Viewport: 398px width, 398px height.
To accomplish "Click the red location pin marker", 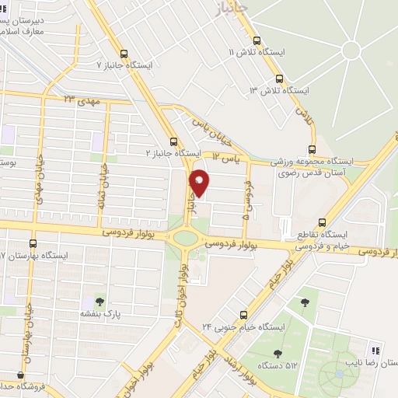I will [x=200, y=182].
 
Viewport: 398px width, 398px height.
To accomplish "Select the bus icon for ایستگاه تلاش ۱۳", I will [x=280, y=79].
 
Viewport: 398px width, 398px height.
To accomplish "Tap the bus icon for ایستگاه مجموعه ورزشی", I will [x=312, y=149].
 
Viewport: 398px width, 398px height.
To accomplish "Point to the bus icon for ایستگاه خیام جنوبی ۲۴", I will [x=244, y=315].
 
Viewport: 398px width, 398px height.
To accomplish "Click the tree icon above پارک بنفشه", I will [x=99, y=301].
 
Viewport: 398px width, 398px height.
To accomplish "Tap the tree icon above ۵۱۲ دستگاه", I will [x=278, y=330].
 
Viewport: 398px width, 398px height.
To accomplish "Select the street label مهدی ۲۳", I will [x=82, y=100].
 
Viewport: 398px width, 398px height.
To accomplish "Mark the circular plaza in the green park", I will [x=351, y=50].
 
